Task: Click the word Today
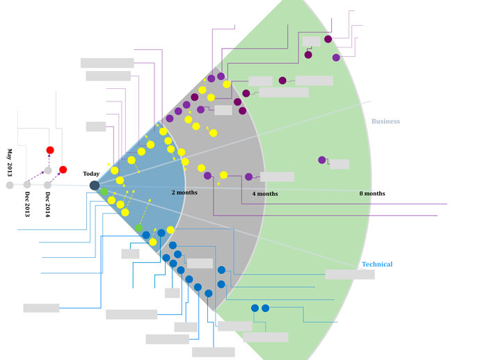pyautogui.click(x=91, y=174)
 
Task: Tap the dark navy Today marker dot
pyautogui.click(x=95, y=185)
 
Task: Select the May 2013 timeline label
pyautogui.click(x=10, y=162)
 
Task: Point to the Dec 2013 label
pyautogui.click(x=27, y=204)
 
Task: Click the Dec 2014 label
pyautogui.click(x=47, y=204)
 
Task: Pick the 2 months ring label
pyautogui.click(x=184, y=192)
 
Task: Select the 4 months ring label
pyautogui.click(x=265, y=193)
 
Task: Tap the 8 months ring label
pyautogui.click(x=372, y=193)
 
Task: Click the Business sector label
pyautogui.click(x=385, y=121)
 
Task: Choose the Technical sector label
pyautogui.click(x=377, y=264)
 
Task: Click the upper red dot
pyautogui.click(x=50, y=150)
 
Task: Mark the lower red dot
pyautogui.click(x=63, y=170)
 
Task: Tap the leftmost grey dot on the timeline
pyautogui.click(x=10, y=186)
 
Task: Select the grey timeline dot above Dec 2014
pyautogui.click(x=47, y=185)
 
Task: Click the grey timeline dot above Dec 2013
pyautogui.click(x=27, y=185)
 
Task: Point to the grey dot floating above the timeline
pyautogui.click(x=48, y=170)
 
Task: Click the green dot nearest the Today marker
pyautogui.click(x=104, y=191)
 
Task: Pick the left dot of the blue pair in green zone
pyautogui.click(x=255, y=308)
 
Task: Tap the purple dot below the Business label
pyautogui.click(x=322, y=160)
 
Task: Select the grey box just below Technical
pyautogui.click(x=350, y=275)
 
